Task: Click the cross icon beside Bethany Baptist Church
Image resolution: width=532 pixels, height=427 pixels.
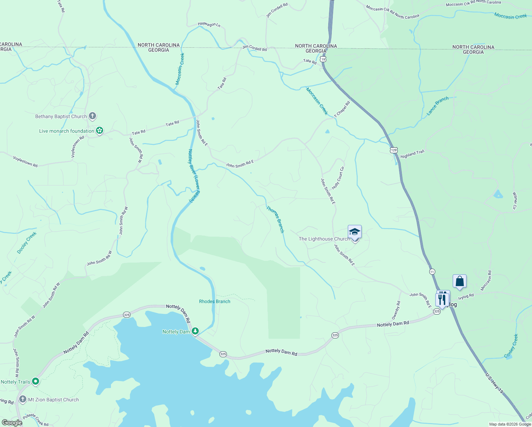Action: [92, 116]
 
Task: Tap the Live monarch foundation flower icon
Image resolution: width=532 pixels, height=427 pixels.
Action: [100, 131]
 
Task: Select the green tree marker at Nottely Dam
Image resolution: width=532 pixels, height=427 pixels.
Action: [195, 331]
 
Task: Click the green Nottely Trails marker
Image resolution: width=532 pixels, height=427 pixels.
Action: [35, 382]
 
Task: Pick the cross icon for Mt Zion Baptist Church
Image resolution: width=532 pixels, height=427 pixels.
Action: [23, 399]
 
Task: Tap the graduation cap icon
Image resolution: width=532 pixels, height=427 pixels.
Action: [355, 232]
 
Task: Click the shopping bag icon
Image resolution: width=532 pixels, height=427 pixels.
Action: [459, 281]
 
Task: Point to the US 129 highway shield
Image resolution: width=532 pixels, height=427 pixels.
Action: [393, 150]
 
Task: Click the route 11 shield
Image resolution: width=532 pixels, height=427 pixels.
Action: [432, 272]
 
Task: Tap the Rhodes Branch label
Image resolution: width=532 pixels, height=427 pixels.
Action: [214, 301]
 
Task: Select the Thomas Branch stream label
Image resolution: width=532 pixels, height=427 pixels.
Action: [276, 219]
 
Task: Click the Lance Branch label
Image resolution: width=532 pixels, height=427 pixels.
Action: [437, 106]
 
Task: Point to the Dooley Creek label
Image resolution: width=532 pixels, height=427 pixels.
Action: [27, 243]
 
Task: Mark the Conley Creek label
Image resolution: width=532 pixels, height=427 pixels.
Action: [511, 346]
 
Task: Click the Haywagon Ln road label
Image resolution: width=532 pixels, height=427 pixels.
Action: [209, 24]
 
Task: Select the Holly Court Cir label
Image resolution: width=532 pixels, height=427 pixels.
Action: [338, 178]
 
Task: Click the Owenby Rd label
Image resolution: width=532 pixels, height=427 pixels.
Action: [396, 310]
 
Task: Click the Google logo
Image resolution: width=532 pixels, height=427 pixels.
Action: [12, 423]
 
